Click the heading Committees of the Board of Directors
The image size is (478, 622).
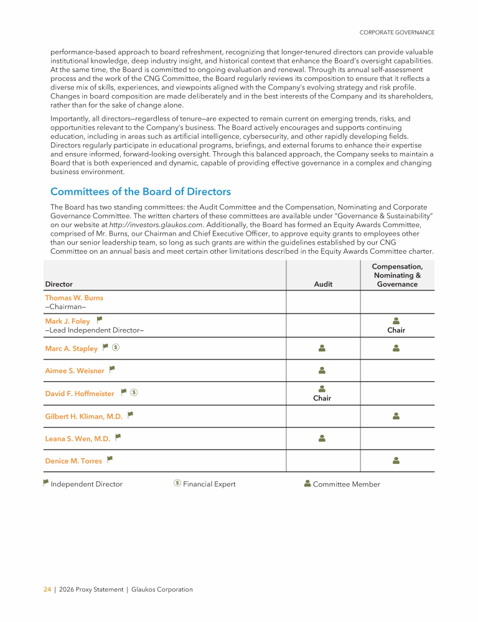tap(141, 192)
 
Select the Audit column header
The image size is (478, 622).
tap(323, 284)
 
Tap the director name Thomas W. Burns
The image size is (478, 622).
tap(74, 298)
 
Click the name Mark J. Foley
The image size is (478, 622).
tap(67, 322)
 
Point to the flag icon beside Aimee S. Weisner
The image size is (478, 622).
tap(112, 369)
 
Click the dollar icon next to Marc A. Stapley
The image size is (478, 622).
tap(116, 348)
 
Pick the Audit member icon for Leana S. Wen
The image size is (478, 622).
tap(322, 438)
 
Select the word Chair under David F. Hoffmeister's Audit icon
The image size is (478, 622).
tap(322, 398)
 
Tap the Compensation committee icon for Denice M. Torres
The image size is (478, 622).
tap(396, 461)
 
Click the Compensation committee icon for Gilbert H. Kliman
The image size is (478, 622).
tap(396, 415)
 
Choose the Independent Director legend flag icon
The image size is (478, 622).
tap(45, 483)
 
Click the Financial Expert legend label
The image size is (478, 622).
tap(209, 485)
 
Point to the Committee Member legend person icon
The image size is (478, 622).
tap(307, 483)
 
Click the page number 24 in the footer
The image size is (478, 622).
tap(47, 590)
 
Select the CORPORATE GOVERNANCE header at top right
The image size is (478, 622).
tap(397, 32)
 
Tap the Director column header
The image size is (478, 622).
tap(59, 284)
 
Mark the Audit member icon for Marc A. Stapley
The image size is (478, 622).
tap(322, 348)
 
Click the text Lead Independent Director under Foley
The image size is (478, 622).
tap(95, 330)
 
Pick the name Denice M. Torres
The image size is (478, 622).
tap(73, 462)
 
